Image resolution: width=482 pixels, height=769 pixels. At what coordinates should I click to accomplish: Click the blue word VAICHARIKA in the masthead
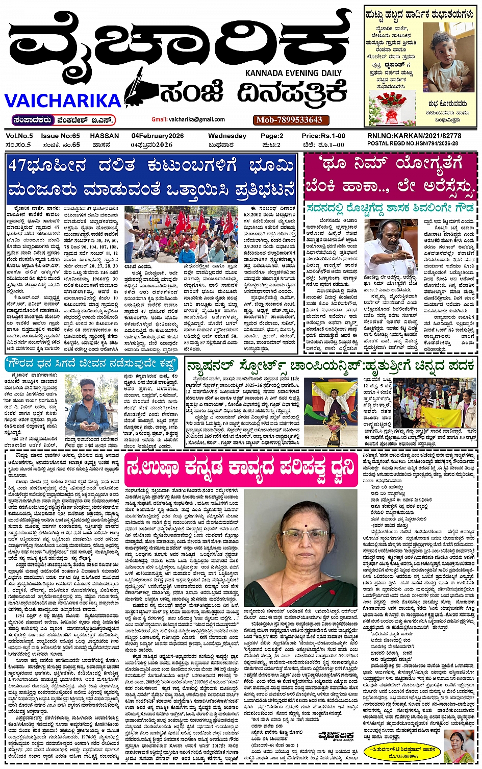pyautogui.click(x=63, y=101)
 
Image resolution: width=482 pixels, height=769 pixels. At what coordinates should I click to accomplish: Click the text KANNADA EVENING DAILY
pyautogui.click(x=293, y=73)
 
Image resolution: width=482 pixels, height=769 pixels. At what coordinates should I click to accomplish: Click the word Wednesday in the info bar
pyautogui.click(x=227, y=136)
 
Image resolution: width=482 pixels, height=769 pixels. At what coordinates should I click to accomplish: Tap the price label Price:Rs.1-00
pyautogui.click(x=323, y=136)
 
